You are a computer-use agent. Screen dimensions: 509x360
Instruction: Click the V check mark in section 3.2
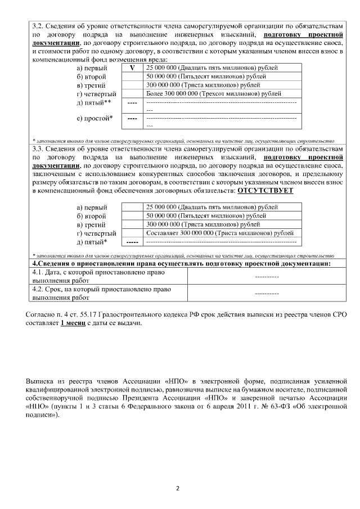(132, 67)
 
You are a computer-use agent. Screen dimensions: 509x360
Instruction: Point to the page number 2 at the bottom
(178, 488)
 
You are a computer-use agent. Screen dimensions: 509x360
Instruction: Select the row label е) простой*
(94, 118)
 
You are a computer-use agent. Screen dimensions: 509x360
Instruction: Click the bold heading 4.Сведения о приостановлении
(180, 263)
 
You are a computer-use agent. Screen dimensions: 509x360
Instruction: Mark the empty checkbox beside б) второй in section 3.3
(132, 215)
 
